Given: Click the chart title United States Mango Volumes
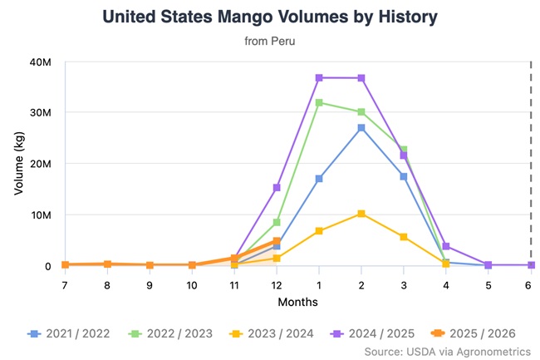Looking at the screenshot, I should tap(269, 17).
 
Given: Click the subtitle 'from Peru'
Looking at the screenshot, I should tap(269, 40).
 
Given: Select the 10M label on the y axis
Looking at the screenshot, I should tap(41, 215).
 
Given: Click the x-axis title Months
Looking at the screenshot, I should tap(297, 301).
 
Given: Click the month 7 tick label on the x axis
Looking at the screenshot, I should tap(65, 284).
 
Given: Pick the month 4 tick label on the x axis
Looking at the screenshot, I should tap(446, 284).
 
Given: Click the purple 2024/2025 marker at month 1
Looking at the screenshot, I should tap(319, 77).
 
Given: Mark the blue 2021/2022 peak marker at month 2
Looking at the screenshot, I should tap(361, 128).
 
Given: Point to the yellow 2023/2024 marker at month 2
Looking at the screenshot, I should tap(361, 214).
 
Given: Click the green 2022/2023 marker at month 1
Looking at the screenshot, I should tap(319, 102).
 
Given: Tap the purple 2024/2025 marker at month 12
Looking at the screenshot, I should tap(277, 187).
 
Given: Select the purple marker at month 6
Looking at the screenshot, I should tap(531, 265).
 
